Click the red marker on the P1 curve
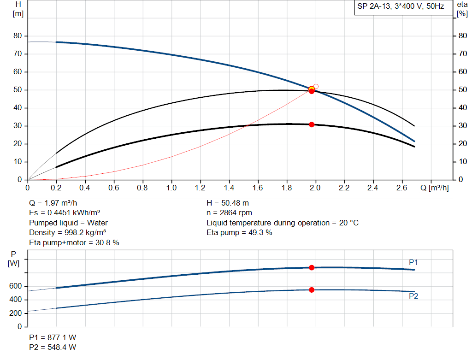(312, 267)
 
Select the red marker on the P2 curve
(312, 289)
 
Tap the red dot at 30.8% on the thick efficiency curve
(312, 124)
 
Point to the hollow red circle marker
(316, 86)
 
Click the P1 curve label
(413, 262)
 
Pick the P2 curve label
(413, 296)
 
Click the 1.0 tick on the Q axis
(171, 188)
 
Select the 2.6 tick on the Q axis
(401, 188)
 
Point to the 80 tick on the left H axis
(18, 36)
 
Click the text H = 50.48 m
(229, 203)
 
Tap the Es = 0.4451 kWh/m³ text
(65, 213)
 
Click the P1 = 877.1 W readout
(53, 337)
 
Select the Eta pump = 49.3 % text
(239, 233)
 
